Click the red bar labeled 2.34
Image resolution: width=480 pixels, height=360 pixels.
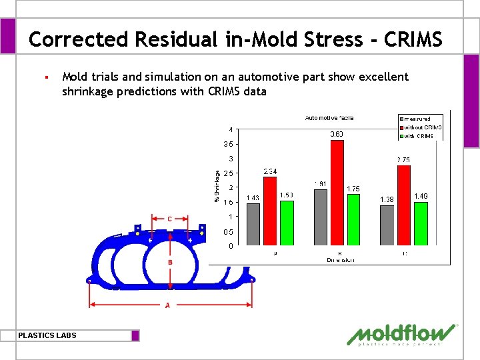click(x=270, y=211)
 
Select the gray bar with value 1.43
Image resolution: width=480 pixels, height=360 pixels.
click(x=253, y=224)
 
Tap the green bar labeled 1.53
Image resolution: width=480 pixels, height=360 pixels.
click(x=287, y=223)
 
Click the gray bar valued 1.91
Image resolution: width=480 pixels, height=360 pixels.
click(x=321, y=217)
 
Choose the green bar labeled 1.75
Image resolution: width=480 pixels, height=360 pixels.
click(x=353, y=219)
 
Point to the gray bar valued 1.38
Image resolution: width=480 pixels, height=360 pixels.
click(x=387, y=225)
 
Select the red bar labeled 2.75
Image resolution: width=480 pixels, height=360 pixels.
click(x=404, y=205)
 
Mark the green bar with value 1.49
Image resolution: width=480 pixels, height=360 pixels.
click(x=421, y=223)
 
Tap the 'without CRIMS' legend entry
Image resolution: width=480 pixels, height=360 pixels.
click(x=423, y=127)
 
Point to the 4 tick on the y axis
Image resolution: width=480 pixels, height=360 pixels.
click(x=231, y=129)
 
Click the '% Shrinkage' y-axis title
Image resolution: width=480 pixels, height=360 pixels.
click(x=216, y=185)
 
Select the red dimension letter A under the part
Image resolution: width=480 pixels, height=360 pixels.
click(x=167, y=305)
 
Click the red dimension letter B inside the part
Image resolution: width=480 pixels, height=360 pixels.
click(x=170, y=263)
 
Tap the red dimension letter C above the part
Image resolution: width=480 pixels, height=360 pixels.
click(x=169, y=219)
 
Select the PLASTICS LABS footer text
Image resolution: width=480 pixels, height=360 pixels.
click(x=47, y=335)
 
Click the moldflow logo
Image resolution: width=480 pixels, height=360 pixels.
click(x=403, y=335)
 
